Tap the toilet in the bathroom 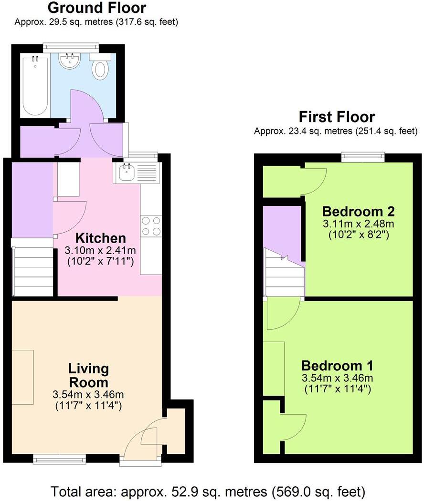click(x=100, y=68)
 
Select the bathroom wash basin click(x=70, y=61)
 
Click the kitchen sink click(x=127, y=173)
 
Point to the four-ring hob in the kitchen click(x=151, y=226)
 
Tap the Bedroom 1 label click(x=337, y=366)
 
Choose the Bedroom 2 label click(x=358, y=211)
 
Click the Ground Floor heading click(x=97, y=8)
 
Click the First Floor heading click(x=337, y=117)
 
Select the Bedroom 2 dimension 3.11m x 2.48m click(x=358, y=224)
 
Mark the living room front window click(x=60, y=460)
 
